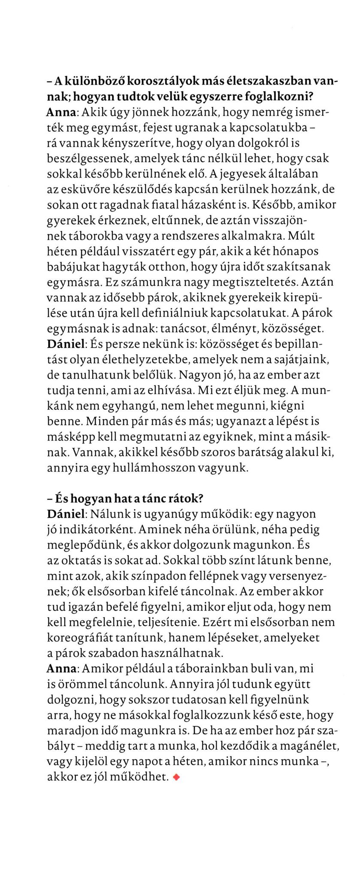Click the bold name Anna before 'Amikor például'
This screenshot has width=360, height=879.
point(61,669)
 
